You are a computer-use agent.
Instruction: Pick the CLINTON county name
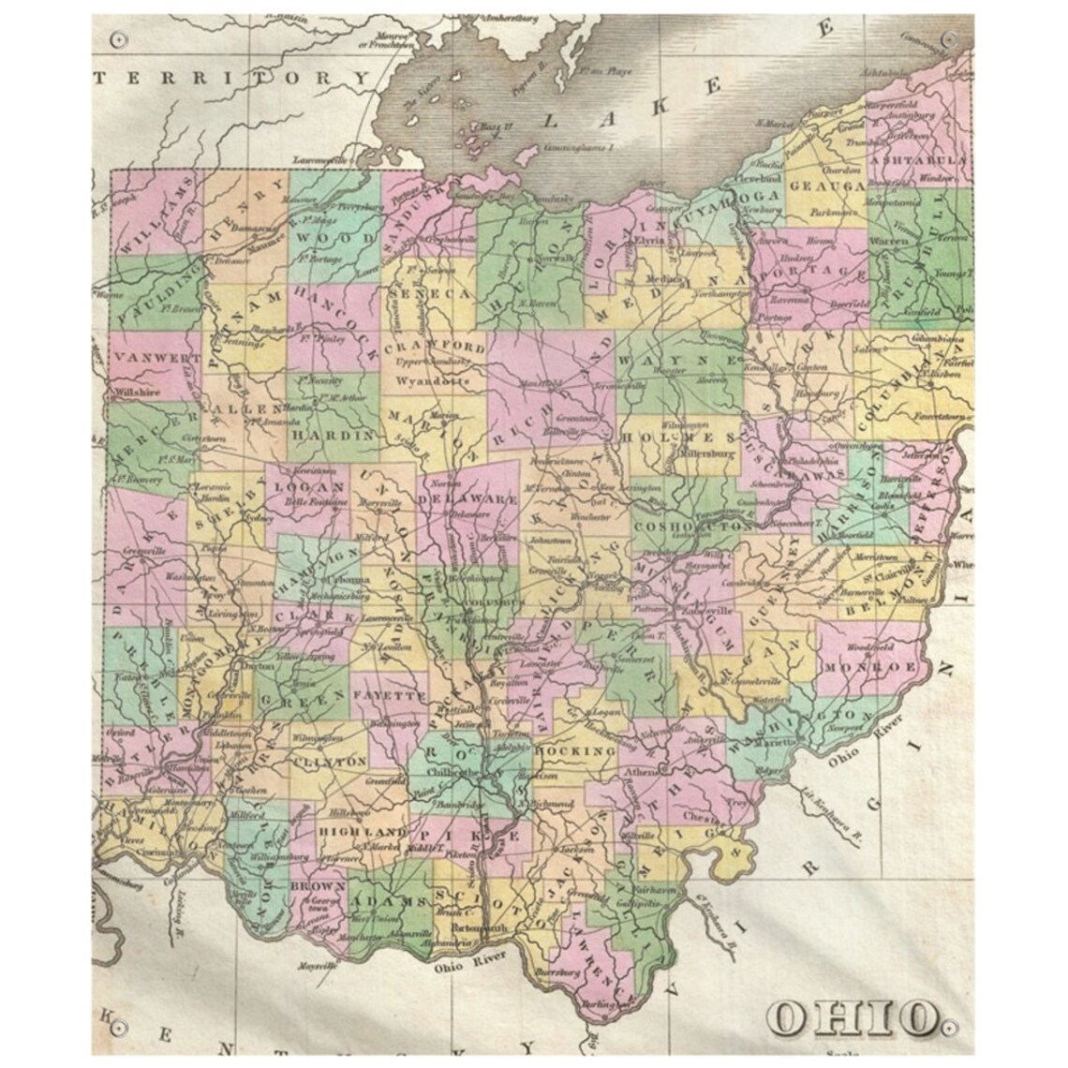pyautogui.click(x=329, y=762)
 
